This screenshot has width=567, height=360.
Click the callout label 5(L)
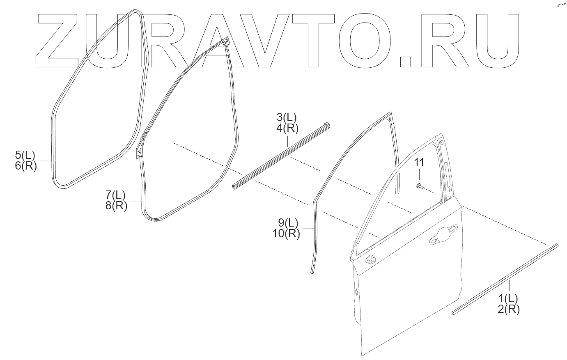pyautogui.click(x=25, y=156)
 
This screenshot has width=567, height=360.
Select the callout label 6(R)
pyautogui.click(x=25, y=166)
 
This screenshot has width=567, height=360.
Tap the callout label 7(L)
pyautogui.click(x=115, y=194)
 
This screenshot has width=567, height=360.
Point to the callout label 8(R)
pyautogui.click(x=116, y=205)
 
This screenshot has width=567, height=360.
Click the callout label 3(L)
pyautogui.click(x=287, y=117)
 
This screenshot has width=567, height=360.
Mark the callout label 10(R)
pyautogui.click(x=286, y=234)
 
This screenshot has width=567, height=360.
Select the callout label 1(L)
pyautogui.click(x=508, y=298)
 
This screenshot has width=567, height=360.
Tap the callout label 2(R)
pyautogui.click(x=509, y=309)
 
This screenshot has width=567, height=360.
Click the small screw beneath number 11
pyautogui.click(x=419, y=187)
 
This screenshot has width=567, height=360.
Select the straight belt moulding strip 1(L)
pyautogui.click(x=505, y=279)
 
